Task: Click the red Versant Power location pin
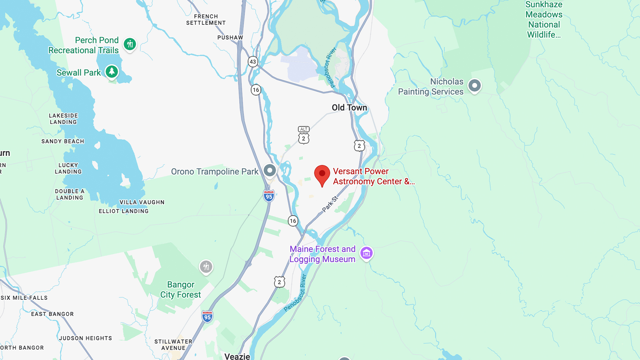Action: (x=322, y=174)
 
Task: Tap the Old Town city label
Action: (x=349, y=108)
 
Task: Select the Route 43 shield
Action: (x=253, y=62)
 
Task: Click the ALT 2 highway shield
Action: (x=304, y=135)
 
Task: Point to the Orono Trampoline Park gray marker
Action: (x=270, y=170)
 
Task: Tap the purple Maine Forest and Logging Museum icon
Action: (x=366, y=253)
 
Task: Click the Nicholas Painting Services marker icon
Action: (x=474, y=86)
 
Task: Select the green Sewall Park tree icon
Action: (x=112, y=72)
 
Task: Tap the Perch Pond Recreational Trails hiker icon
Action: (x=130, y=44)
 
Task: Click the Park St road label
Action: (x=330, y=204)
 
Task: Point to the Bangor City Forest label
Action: (x=181, y=289)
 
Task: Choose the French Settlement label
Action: (x=206, y=20)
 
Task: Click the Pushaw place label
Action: (x=230, y=38)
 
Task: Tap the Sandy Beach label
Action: (x=63, y=141)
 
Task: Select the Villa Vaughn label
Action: (x=142, y=202)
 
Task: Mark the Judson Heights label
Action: (x=86, y=338)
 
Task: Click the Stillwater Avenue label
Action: (x=173, y=345)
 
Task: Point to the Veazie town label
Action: (x=237, y=356)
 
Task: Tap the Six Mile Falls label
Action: (x=24, y=298)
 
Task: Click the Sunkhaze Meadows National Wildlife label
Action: (x=544, y=20)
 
